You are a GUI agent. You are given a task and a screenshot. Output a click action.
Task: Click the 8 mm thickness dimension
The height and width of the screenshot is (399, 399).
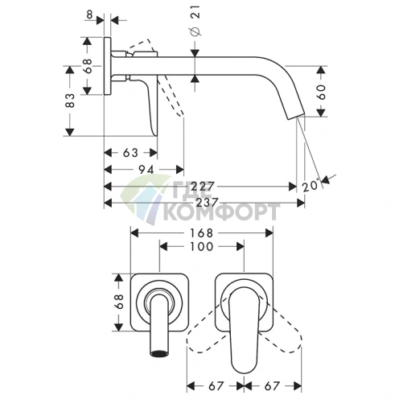tap(89, 14)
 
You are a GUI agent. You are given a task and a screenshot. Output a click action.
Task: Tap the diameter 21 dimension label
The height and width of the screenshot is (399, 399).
tap(196, 21)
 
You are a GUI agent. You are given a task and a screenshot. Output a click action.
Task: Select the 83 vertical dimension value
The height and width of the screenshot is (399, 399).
tap(70, 101)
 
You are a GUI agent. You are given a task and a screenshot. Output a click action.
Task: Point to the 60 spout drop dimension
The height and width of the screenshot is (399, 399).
tap(321, 92)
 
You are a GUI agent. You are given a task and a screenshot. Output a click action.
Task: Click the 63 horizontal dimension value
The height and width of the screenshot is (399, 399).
tap(130, 153)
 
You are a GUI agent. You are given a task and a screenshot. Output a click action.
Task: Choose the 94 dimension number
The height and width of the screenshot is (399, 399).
tap(146, 170)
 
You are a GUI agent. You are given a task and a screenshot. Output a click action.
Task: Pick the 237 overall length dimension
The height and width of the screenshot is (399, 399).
tap(208, 203)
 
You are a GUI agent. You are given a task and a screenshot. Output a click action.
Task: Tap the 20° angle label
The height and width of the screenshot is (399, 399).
tap(311, 186)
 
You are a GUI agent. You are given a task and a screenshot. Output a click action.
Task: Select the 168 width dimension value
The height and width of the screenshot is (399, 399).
tap(201, 233)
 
